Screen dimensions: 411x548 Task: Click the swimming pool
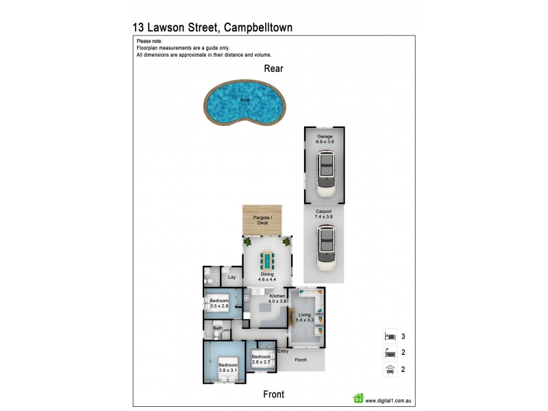pos(245,105)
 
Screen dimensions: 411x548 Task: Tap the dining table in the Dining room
pos(267,260)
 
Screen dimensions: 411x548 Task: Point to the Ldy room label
pos(232,277)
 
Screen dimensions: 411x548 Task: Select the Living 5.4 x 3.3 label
pos(304,317)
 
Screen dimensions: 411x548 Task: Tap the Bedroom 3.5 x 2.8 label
pos(219,303)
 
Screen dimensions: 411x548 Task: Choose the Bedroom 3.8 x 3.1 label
pos(228,368)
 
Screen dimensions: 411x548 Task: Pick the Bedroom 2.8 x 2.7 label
pos(261,359)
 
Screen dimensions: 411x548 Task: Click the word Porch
pos(301,360)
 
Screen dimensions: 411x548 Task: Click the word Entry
pos(282,351)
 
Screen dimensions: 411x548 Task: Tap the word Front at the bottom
pos(273,395)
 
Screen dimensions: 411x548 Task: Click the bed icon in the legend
pos(390,336)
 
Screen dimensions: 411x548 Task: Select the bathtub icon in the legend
pos(390,353)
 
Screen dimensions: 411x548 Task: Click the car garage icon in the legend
pos(390,371)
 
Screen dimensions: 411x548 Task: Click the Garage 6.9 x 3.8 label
pos(325,139)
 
